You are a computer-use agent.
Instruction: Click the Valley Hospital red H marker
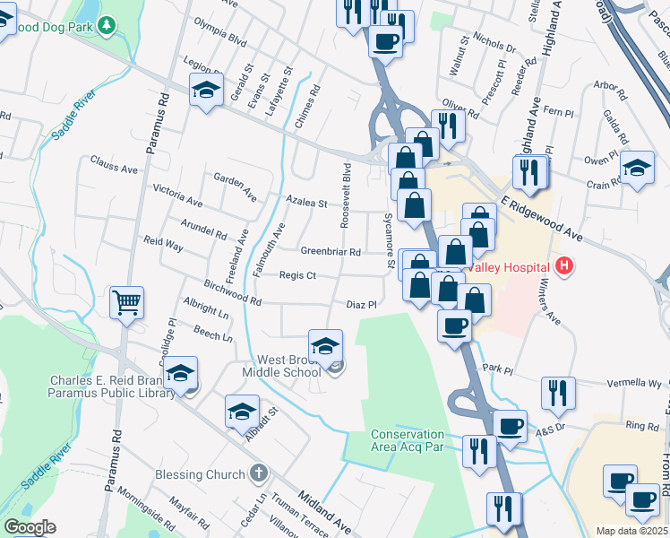pyautogui.click(x=564, y=266)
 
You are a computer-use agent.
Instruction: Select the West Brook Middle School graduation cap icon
pyautogui.click(x=325, y=344)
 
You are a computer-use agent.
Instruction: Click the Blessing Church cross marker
pyautogui.click(x=258, y=473)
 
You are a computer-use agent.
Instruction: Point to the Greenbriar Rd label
pyautogui.click(x=330, y=252)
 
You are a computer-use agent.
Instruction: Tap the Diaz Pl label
pyautogui.click(x=359, y=305)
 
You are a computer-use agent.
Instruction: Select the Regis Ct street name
pyautogui.click(x=297, y=275)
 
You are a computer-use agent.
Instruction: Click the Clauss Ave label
pyautogui.click(x=114, y=167)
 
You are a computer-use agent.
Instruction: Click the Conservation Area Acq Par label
pyautogui.click(x=408, y=440)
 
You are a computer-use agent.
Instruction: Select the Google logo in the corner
pyautogui.click(x=30, y=527)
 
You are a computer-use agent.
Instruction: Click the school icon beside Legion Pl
pyautogui.click(x=206, y=89)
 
